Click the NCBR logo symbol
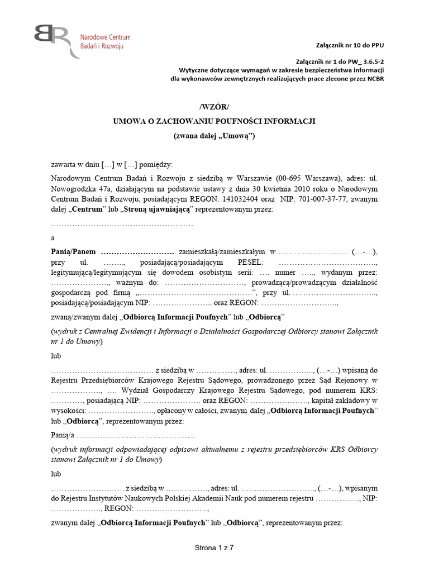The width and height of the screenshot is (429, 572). (x=51, y=40)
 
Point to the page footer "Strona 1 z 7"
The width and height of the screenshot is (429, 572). (x=214, y=547)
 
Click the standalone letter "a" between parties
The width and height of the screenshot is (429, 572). (x=53, y=237)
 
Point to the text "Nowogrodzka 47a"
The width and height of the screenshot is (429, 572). (x=78, y=189)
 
